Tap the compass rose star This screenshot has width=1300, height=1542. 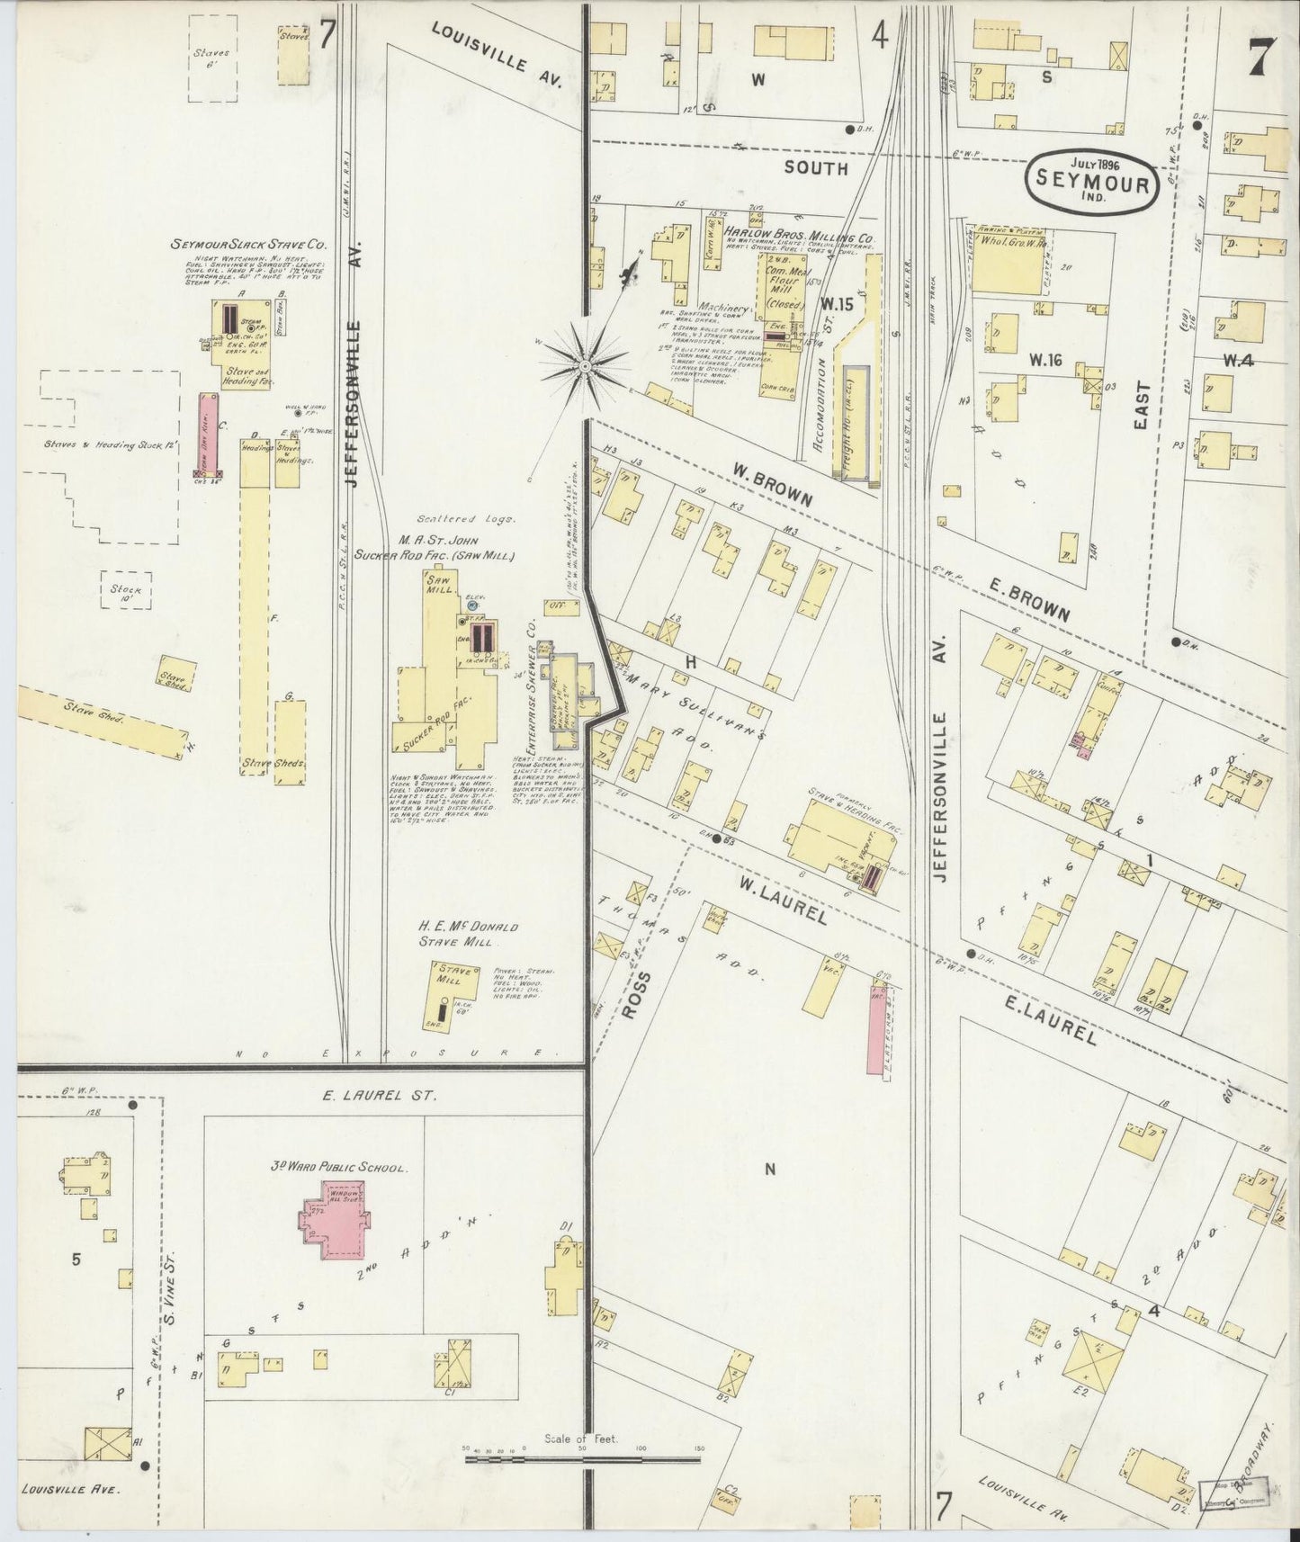[585, 366]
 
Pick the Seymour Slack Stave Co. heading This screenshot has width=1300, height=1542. [251, 244]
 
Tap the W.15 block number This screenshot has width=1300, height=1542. [837, 303]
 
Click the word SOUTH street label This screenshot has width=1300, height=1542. [814, 167]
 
